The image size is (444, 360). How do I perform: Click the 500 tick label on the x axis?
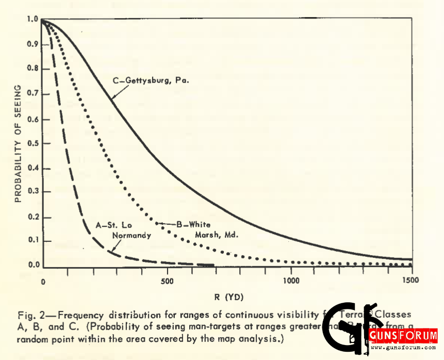pos(167,282)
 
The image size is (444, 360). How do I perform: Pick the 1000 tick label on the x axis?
pos(291,282)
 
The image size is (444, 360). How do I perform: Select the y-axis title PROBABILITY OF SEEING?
pos(18,143)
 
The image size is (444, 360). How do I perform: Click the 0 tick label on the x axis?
pos(43,282)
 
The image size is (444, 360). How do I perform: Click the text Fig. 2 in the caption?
pos(27,314)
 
